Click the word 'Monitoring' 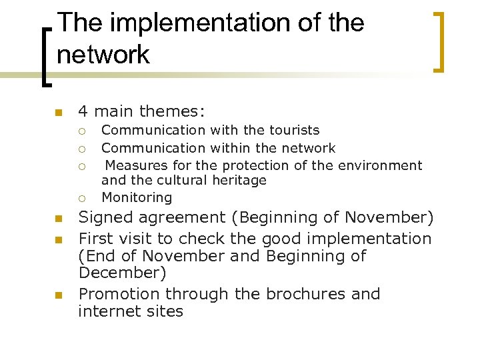[137, 197]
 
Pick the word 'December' [122, 273]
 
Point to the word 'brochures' [313, 294]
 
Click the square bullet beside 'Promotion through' [58, 295]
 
